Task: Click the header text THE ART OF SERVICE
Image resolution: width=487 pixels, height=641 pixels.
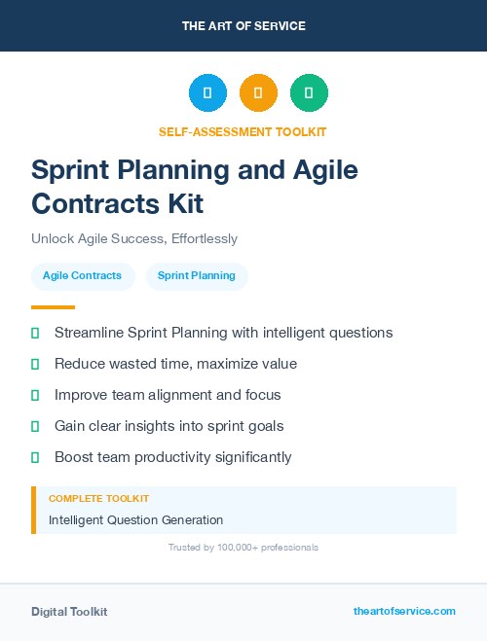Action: [x=243, y=26]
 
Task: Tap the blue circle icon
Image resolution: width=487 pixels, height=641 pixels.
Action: [x=207, y=93]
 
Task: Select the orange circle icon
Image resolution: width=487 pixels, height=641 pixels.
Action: [x=258, y=93]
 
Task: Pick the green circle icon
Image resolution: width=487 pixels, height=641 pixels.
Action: [x=309, y=93]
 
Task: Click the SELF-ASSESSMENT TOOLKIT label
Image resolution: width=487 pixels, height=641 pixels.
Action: [x=243, y=131]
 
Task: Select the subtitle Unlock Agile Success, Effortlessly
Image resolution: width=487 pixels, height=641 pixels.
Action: [x=134, y=238]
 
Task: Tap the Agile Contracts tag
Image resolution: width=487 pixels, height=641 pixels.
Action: [x=82, y=275]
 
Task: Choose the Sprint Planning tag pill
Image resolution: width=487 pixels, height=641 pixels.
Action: [x=197, y=275]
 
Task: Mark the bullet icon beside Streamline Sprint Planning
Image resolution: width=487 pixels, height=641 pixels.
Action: [x=35, y=333]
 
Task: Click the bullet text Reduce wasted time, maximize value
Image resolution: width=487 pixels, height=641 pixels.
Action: [x=175, y=364]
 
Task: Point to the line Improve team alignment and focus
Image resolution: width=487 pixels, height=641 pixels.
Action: [x=168, y=395]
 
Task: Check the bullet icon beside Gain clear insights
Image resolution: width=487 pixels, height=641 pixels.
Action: [x=35, y=426]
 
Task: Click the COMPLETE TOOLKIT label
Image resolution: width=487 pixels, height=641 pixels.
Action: [x=98, y=498]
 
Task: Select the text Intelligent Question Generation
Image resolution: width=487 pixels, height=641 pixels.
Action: [x=135, y=520]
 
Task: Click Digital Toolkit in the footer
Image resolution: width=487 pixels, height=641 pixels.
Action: [x=69, y=612]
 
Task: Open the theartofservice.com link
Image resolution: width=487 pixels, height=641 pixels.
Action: [x=404, y=611]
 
